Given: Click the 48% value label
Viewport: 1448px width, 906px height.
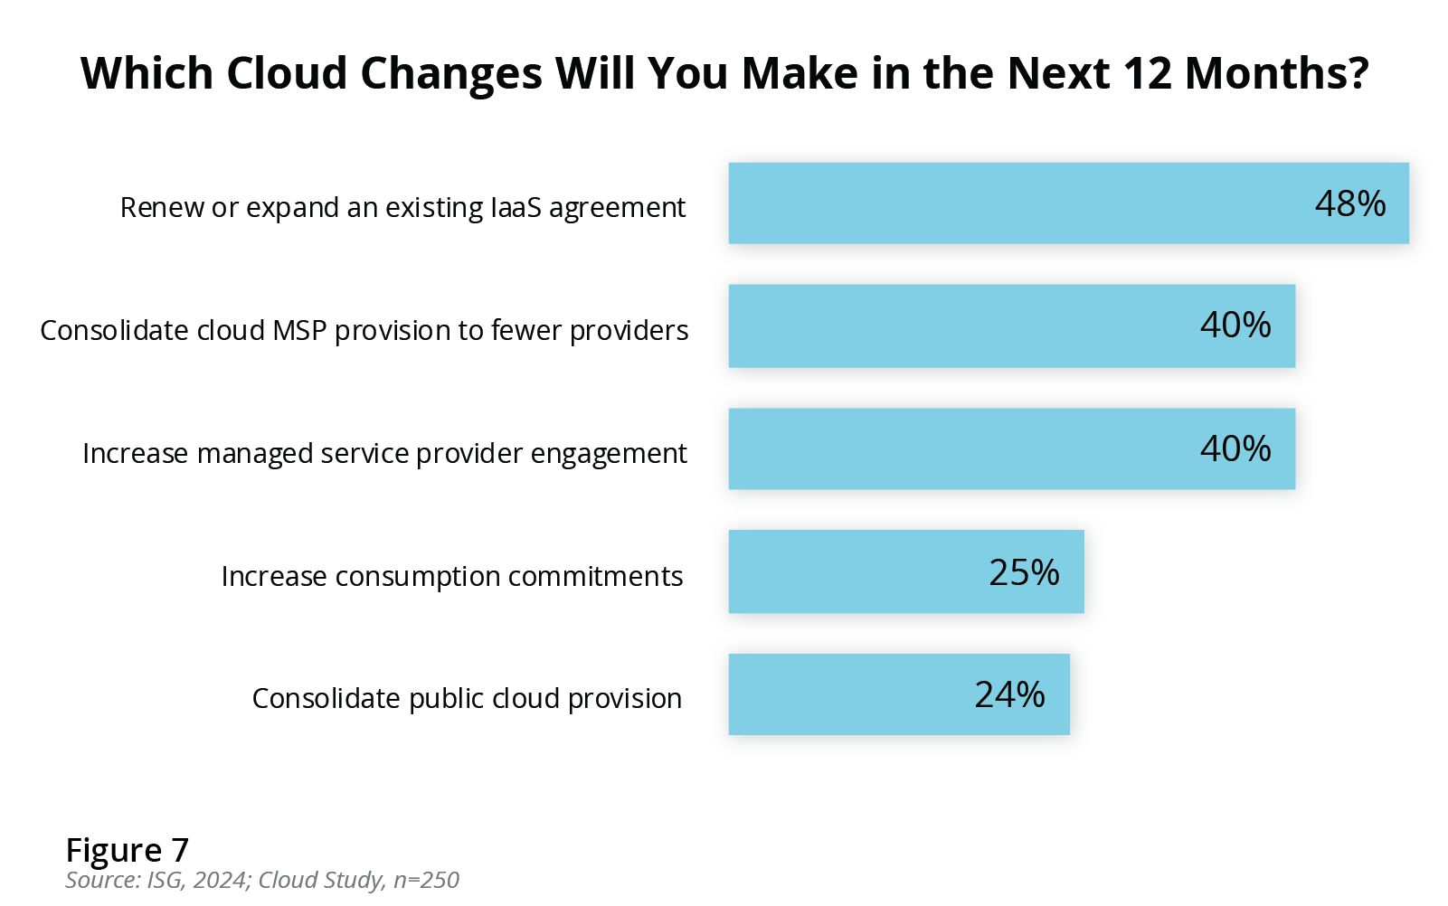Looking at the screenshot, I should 1349,204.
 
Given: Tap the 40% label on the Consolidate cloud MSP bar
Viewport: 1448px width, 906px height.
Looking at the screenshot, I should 1235,326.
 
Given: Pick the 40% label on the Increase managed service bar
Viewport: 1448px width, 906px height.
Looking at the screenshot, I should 1235,449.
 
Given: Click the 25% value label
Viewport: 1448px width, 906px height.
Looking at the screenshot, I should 1024,572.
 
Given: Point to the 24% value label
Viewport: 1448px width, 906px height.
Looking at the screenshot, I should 1009,695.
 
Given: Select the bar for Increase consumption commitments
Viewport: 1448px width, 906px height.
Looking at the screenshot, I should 859,571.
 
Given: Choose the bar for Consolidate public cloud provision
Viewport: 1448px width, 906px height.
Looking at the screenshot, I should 850,694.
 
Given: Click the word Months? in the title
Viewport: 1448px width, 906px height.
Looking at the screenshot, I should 1277,73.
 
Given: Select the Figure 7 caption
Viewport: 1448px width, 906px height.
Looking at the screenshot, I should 127,851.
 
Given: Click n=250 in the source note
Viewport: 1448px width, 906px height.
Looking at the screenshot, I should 426,881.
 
